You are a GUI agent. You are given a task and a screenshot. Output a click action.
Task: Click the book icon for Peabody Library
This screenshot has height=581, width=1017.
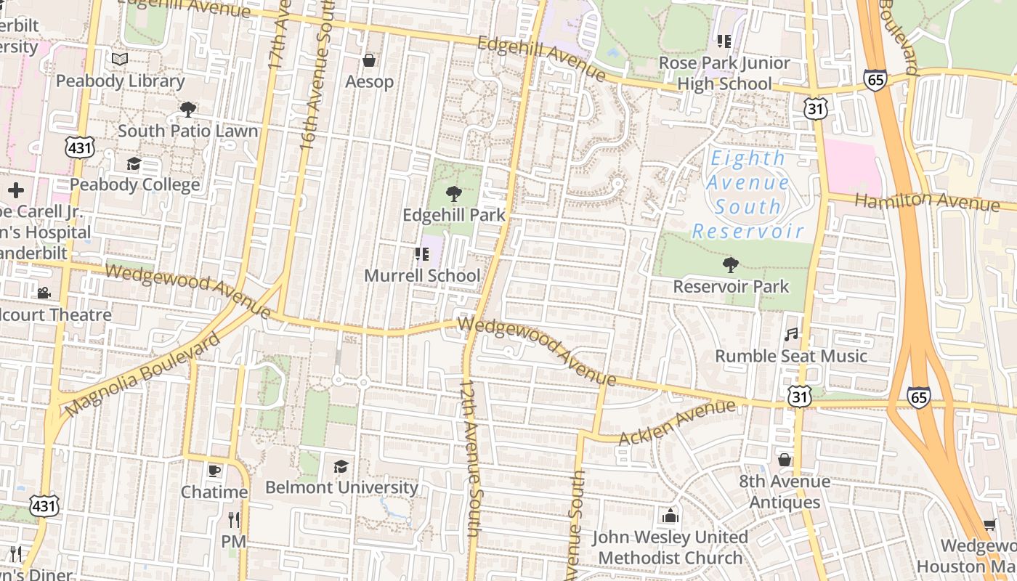coord(120,60)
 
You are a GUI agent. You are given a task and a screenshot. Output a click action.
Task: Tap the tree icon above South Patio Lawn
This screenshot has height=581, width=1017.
coord(187,110)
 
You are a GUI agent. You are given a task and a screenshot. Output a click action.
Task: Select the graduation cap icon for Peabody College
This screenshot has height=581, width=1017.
coord(134,163)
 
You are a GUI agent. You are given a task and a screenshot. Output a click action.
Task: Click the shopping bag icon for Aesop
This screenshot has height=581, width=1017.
coord(369,60)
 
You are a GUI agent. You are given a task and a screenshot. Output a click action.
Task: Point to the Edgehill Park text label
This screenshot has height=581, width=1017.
coord(454,216)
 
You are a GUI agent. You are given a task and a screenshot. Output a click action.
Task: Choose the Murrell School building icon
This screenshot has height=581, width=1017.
coord(421,254)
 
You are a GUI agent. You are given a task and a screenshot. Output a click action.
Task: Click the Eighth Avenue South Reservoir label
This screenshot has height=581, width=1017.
coord(747,195)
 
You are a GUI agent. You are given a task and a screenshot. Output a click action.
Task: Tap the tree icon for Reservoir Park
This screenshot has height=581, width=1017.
coord(730,265)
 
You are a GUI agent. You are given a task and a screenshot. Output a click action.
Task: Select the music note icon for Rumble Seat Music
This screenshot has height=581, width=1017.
coord(791,335)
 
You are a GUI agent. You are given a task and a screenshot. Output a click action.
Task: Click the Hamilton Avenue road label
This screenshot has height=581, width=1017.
coord(926,201)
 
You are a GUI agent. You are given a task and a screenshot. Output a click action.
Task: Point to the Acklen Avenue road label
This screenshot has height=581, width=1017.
coord(677,423)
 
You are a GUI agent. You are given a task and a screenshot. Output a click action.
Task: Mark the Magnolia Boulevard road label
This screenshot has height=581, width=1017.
coord(142,375)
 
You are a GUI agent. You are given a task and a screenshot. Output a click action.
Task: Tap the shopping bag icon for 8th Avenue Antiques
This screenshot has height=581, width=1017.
coord(785,460)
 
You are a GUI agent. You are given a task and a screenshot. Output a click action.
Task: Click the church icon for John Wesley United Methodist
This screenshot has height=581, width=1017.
coord(670,516)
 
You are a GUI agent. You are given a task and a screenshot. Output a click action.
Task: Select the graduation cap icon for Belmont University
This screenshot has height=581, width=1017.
coord(341,466)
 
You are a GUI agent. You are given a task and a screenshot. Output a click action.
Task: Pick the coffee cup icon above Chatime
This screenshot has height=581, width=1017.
coord(214,471)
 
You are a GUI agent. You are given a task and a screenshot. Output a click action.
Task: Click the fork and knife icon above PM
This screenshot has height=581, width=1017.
coord(233,520)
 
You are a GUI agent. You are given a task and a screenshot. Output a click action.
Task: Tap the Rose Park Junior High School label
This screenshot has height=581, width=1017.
coord(724,73)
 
